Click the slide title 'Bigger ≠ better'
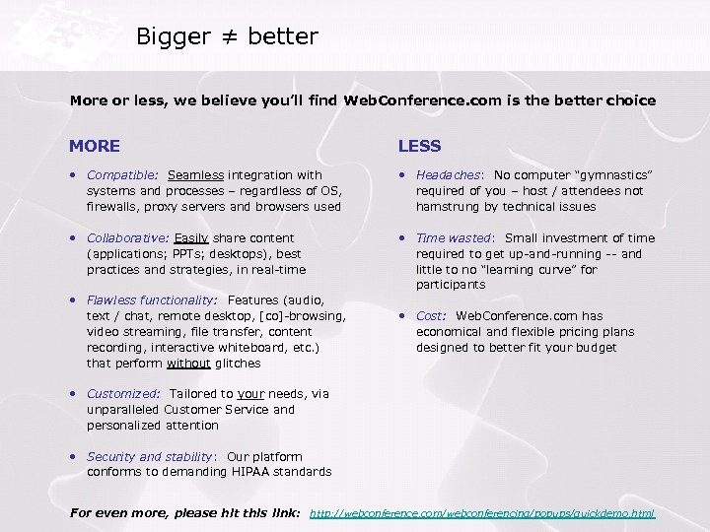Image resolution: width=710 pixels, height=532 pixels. point(227,37)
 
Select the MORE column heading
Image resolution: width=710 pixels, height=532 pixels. point(95,146)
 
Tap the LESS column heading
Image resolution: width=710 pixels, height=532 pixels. point(419,146)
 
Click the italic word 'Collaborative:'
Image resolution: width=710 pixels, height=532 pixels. point(128,238)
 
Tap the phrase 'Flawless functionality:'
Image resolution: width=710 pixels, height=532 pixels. point(152,300)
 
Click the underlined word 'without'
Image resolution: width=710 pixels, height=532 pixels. point(187,364)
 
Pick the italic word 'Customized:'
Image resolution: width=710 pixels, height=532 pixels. point(123,394)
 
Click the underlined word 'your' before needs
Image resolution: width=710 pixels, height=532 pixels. point(251,394)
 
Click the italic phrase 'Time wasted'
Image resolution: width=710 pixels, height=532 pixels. point(453,238)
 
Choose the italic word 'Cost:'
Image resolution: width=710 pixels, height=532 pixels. point(432,316)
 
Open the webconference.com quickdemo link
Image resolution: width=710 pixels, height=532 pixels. point(482,514)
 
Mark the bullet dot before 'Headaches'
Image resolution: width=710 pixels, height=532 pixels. point(402,175)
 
